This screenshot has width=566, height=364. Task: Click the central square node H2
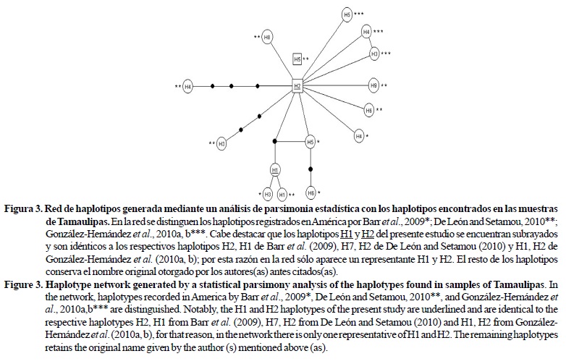297,86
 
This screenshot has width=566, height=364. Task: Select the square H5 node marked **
297,59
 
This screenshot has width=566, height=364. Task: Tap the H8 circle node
268,37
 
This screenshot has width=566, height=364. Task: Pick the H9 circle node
373,85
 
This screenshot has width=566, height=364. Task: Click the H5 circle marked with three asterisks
347,14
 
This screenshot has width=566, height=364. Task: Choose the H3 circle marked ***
374,54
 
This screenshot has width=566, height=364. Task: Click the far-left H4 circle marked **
188,87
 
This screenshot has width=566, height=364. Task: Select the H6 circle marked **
369,111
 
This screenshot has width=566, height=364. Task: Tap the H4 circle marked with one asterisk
359,135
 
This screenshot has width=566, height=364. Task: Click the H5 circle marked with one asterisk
311,143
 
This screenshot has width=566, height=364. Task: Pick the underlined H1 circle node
275,169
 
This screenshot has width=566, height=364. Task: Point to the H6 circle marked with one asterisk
311,193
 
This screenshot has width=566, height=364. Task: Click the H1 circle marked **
282,194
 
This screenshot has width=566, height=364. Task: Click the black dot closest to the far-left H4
211,87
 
